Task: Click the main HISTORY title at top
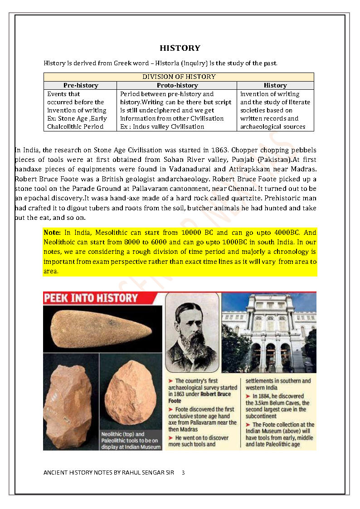coord(180,48)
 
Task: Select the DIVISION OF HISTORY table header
coord(179,77)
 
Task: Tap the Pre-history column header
coord(81,85)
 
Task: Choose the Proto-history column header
coord(177,85)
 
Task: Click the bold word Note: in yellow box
coord(52,232)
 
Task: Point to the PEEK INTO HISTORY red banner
coord(91,298)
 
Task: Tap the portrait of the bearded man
coord(192,331)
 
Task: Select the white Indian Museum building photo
coord(269,332)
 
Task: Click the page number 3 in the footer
coord(183,473)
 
